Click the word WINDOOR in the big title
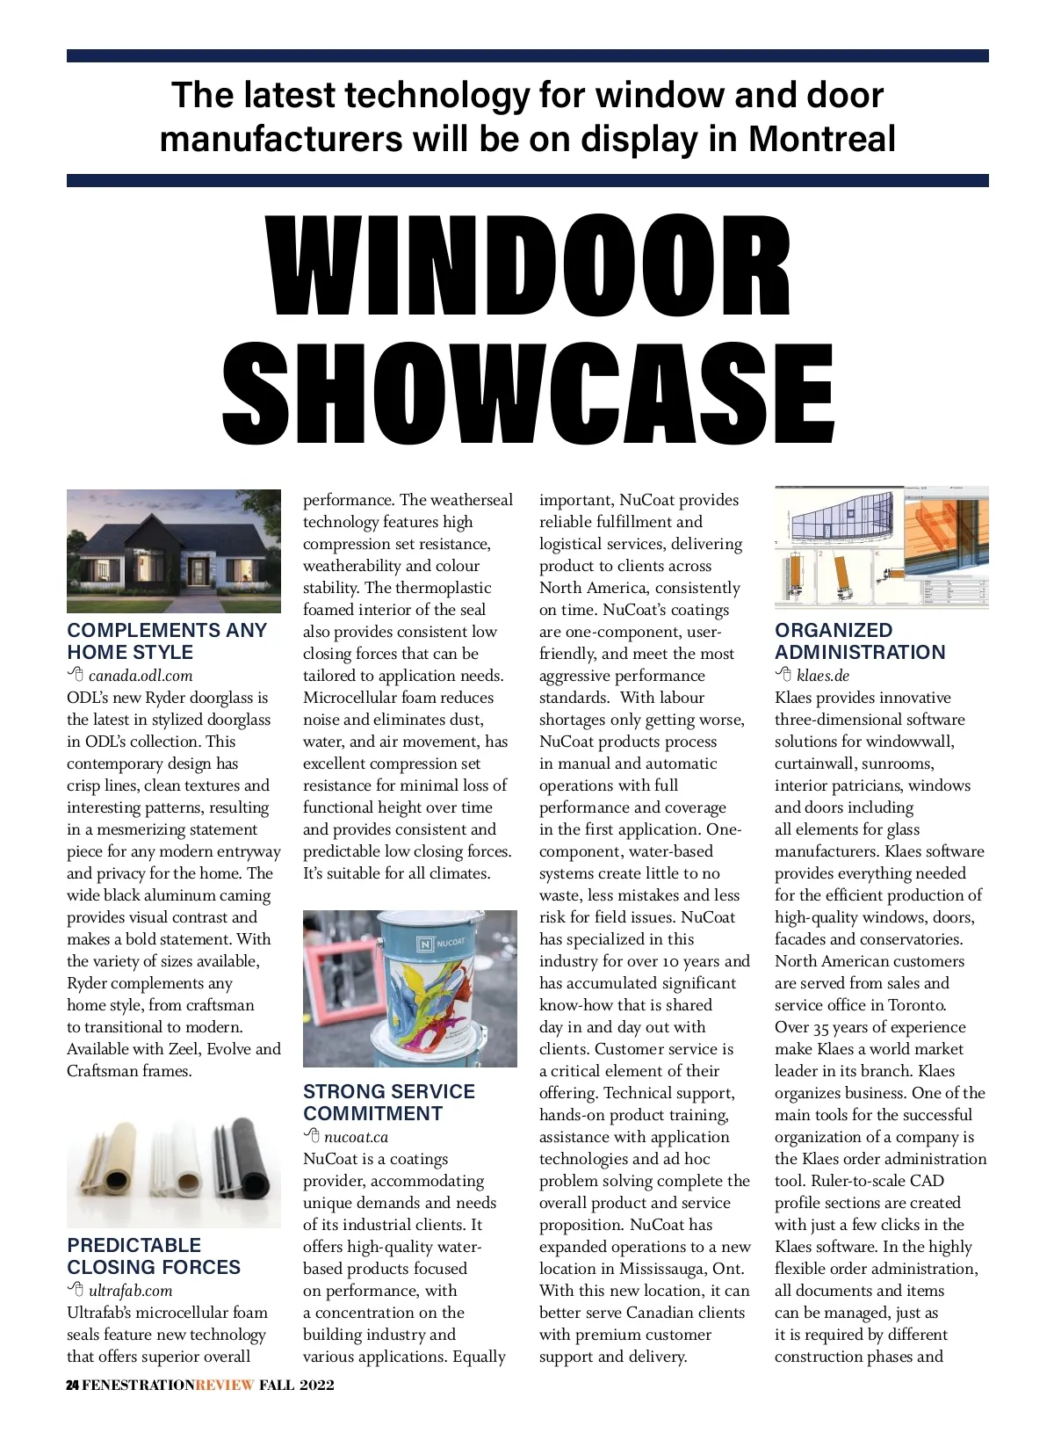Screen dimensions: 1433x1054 coord(529,265)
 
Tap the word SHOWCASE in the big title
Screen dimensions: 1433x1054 coord(529,393)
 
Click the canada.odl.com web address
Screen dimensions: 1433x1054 coord(140,676)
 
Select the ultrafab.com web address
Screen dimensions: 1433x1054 coord(130,1291)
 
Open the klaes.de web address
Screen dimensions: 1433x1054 coord(822,676)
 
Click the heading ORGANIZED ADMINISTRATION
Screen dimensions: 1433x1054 coord(859,641)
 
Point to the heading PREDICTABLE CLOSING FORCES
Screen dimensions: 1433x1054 coord(154,1256)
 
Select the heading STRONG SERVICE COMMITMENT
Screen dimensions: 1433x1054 coord(388,1103)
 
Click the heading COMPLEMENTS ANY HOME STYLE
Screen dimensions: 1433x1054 coord(167,641)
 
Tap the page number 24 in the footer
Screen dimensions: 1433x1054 coord(73,1386)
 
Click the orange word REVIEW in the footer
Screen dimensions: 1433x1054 coord(225,1386)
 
